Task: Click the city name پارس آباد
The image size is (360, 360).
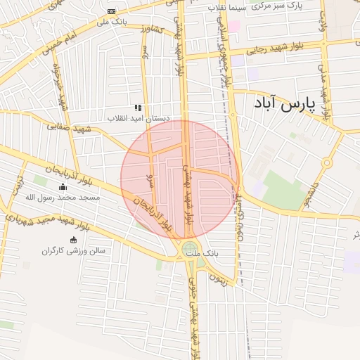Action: (x=284, y=105)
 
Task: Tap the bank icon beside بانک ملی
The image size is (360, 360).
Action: (x=111, y=12)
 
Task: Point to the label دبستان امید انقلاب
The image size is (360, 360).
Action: (x=139, y=118)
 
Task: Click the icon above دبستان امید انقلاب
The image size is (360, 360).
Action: (x=139, y=108)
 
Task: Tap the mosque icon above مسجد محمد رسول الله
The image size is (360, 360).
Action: (x=63, y=187)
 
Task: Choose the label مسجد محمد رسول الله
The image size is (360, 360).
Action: (x=63, y=198)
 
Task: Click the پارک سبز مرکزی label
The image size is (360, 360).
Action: (x=278, y=7)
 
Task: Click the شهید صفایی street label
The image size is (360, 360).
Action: (x=70, y=128)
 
